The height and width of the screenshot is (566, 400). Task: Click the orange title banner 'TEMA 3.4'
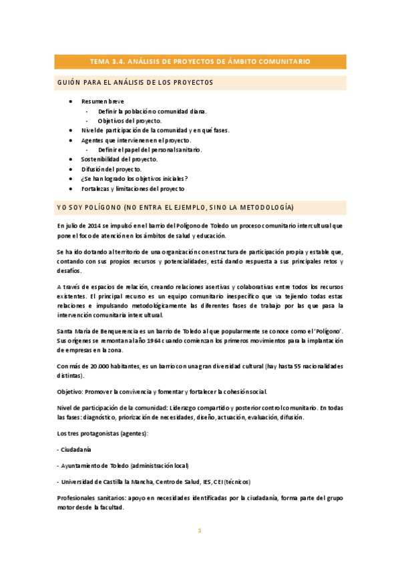coord(200,61)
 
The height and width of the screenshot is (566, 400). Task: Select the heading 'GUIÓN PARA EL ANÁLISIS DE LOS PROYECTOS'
coord(134,83)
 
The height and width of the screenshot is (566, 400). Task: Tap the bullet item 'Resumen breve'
coord(103,101)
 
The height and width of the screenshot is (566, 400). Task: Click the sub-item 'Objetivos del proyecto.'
coord(130,121)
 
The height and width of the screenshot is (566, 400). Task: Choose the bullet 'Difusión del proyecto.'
coord(111,170)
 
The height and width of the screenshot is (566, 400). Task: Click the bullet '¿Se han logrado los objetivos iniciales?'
coord(134,179)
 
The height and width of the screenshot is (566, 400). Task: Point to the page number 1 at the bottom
coord(199,531)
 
